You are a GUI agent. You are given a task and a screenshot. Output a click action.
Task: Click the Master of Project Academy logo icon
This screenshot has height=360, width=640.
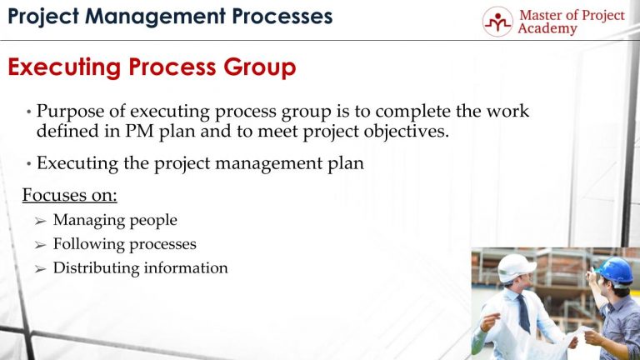[497, 22]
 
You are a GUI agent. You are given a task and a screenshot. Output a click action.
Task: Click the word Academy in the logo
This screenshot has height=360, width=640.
[546, 29]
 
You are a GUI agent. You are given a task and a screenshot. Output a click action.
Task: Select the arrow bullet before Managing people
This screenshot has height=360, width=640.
[40, 221]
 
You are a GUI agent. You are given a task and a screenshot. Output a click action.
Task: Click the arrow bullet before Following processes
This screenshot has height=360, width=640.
[40, 245]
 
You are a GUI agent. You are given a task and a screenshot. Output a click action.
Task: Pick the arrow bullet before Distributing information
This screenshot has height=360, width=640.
[40, 268]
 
